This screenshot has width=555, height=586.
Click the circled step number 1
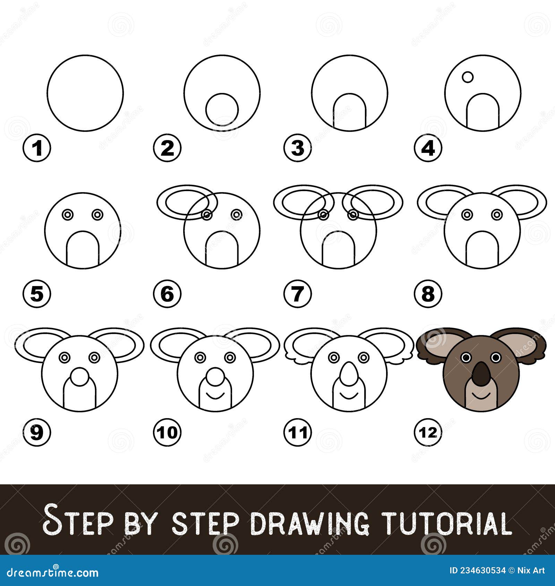(x=37, y=149)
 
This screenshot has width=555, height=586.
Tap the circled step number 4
(x=428, y=149)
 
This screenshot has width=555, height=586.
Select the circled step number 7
(x=298, y=294)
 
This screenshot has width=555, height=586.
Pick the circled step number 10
(x=167, y=432)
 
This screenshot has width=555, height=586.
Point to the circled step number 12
(x=428, y=432)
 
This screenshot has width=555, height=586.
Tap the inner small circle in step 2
(x=222, y=110)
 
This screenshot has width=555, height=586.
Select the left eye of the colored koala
(x=466, y=357)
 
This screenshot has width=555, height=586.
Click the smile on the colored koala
(x=481, y=395)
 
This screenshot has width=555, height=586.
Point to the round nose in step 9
(x=80, y=377)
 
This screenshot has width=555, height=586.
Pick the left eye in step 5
(x=68, y=215)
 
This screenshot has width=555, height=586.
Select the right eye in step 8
(x=497, y=215)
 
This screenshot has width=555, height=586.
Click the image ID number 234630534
(x=477, y=570)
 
